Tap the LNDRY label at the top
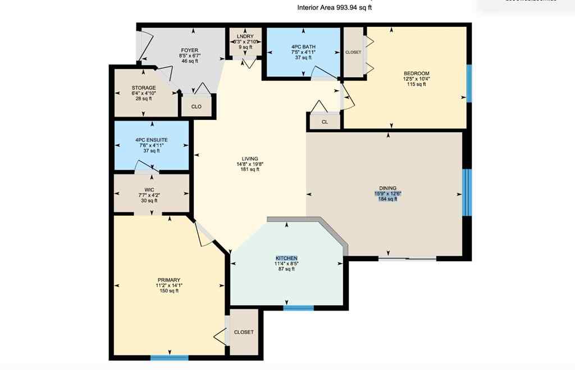coord(245,36)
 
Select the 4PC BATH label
coord(303,46)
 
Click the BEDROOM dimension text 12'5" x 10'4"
coord(416,79)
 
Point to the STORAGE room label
coord(144,87)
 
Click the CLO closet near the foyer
coord(196,106)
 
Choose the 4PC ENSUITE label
coord(151,140)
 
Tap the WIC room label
coord(149,189)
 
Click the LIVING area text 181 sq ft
coord(249,170)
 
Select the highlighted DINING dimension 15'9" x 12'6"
coord(387,194)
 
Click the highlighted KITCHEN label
coord(286,258)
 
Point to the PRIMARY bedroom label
coord(169,280)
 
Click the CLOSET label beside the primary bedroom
coord(244,332)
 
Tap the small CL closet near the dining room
coord(325,122)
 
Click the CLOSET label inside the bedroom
coord(353,52)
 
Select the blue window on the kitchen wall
coord(298,307)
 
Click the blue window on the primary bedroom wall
coord(169,357)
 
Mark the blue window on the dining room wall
coord(467,192)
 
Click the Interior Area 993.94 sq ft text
coord(334,8)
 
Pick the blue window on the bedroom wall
coord(469,83)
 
